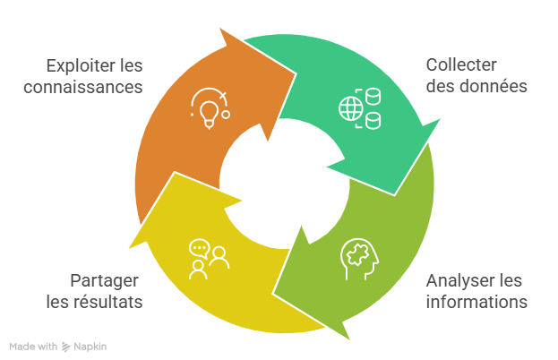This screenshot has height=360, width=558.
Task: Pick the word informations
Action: (476, 301)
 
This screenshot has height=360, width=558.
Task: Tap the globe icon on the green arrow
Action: (349, 109)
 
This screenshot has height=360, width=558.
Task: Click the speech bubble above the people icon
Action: (199, 247)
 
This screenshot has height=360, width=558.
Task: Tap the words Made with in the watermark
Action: (33, 346)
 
